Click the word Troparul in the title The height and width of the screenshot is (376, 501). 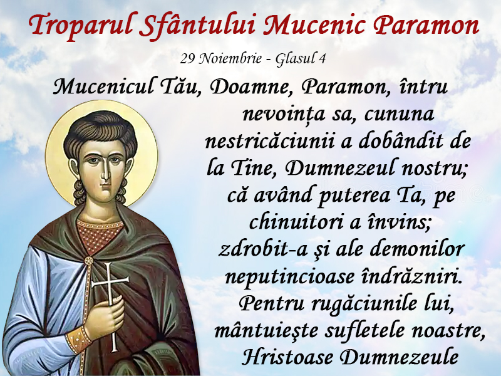(81, 26)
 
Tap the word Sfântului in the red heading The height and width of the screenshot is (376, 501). (197, 25)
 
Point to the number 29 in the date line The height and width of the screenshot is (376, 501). (187, 58)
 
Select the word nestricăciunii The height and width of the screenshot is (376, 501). (270, 142)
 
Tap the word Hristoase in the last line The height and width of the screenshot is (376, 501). (287, 357)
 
